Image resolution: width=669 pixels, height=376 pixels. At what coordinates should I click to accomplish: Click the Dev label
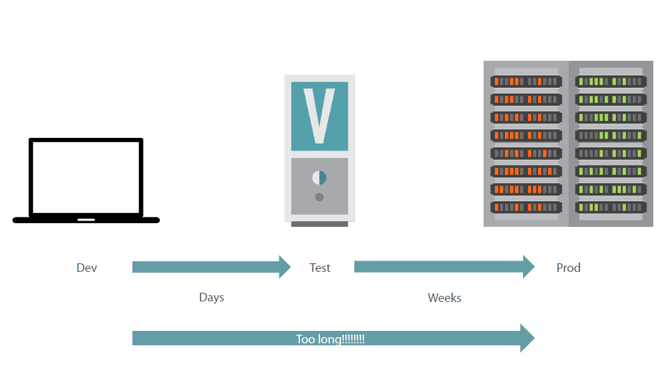pyautogui.click(x=87, y=268)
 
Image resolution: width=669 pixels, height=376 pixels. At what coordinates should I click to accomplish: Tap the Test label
pyautogui.click(x=319, y=268)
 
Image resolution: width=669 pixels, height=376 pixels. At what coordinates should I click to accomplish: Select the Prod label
pyautogui.click(x=568, y=268)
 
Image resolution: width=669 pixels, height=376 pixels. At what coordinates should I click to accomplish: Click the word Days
pyautogui.click(x=211, y=297)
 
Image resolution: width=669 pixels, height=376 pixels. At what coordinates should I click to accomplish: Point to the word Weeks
pyautogui.click(x=444, y=298)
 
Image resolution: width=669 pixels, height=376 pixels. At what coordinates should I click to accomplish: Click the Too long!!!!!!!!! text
pyautogui.click(x=330, y=339)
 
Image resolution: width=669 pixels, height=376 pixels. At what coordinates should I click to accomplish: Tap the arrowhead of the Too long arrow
pyautogui.click(x=527, y=338)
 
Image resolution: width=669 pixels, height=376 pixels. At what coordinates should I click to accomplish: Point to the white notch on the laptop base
pyautogui.click(x=86, y=220)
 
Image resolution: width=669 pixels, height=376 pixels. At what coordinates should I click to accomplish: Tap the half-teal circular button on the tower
pyautogui.click(x=319, y=177)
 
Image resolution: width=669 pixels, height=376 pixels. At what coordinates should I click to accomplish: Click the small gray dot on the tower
pyautogui.click(x=319, y=197)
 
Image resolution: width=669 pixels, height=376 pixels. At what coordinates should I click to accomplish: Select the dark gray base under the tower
pyautogui.click(x=319, y=224)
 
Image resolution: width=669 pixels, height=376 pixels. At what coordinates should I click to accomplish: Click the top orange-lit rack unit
pyautogui.click(x=526, y=81)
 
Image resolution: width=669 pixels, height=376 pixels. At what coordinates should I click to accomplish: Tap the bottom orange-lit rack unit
pyautogui.click(x=526, y=207)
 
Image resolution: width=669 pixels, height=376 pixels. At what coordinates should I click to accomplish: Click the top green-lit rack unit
pyautogui.click(x=611, y=81)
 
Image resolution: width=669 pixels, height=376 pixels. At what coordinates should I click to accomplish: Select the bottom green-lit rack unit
pyautogui.click(x=611, y=207)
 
